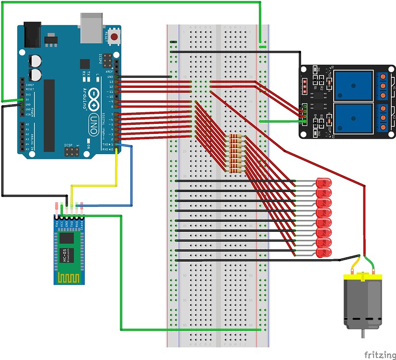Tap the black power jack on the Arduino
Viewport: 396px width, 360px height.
tap(32, 34)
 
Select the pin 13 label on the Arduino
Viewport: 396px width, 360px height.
tap(111, 82)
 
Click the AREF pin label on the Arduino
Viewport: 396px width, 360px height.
tap(109, 72)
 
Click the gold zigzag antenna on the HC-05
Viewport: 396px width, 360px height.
tap(70, 277)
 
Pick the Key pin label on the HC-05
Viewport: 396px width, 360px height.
tap(57, 224)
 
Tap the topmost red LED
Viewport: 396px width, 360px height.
tap(324, 182)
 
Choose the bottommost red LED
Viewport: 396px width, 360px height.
tap(324, 252)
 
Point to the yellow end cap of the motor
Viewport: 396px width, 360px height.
tap(362, 276)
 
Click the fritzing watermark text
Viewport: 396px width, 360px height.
tap(380, 355)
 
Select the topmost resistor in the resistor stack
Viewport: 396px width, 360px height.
tap(235, 137)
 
